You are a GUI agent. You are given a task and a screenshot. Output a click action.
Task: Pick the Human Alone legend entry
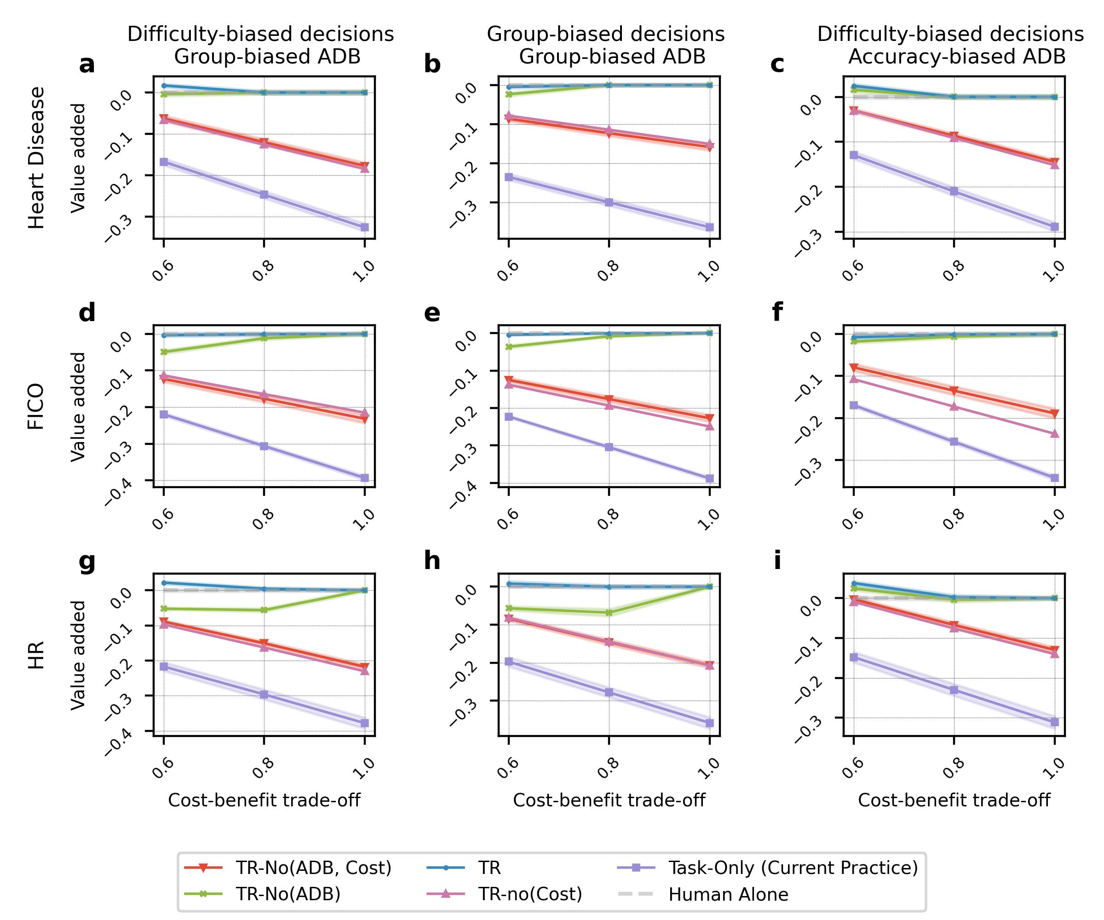click(728, 895)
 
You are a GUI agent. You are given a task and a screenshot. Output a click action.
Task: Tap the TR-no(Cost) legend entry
click(530, 895)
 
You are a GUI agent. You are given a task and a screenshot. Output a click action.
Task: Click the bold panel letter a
click(87, 65)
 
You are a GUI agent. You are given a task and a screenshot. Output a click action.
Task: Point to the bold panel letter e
click(432, 313)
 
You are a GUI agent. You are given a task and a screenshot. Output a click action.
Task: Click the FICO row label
click(36, 406)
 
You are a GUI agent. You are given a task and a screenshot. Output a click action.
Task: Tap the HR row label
click(36, 655)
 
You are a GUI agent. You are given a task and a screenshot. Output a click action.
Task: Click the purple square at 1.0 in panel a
click(364, 227)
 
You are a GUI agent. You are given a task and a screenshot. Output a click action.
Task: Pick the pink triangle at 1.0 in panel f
click(1054, 434)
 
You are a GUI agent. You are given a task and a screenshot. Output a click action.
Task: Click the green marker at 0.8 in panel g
click(264, 610)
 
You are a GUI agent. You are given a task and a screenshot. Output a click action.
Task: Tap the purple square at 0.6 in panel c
click(854, 155)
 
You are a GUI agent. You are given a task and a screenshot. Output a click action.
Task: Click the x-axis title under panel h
click(609, 801)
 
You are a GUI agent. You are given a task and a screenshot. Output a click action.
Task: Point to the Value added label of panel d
click(78, 406)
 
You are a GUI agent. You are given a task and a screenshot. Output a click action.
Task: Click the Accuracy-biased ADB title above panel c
click(957, 57)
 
